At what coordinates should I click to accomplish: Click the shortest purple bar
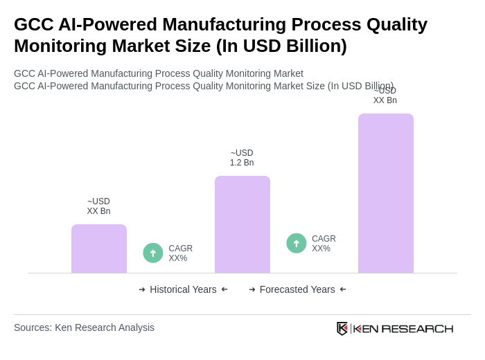[99, 249]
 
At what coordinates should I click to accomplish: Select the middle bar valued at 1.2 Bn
[242, 224]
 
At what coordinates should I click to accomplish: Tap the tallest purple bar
[386, 193]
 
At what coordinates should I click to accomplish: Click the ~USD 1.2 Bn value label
[242, 158]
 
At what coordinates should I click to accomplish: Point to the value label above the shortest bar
[98, 206]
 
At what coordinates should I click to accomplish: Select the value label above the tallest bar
[385, 96]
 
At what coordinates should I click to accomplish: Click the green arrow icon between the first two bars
[153, 253]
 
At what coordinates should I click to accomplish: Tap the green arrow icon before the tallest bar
[297, 243]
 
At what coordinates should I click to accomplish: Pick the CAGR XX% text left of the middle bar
[181, 253]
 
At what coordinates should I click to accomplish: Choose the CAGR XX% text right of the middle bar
[324, 244]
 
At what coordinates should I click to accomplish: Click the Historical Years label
[183, 289]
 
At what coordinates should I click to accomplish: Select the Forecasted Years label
[297, 289]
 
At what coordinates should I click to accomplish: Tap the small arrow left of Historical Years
[142, 289]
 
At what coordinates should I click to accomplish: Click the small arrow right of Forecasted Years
[343, 289]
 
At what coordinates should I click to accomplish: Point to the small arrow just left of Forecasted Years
[252, 289]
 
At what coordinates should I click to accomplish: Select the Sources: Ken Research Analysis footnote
[84, 327]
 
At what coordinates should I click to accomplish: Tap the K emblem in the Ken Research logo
[342, 328]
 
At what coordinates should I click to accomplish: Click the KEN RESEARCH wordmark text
[403, 328]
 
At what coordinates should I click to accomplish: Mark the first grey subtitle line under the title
[159, 73]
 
